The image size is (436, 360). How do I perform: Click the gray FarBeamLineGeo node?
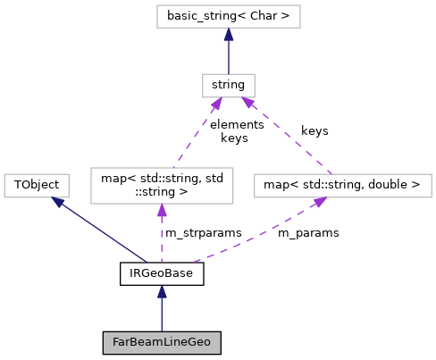click(x=162, y=342)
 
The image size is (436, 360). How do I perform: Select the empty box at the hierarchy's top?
click(x=229, y=16)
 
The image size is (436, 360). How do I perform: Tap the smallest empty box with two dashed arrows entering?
click(x=229, y=86)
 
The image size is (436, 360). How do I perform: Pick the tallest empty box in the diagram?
click(x=162, y=186)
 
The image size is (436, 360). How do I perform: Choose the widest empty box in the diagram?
click(x=343, y=186)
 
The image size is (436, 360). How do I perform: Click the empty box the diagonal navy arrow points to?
click(x=37, y=186)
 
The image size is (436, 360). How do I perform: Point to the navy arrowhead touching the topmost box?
click(x=229, y=35)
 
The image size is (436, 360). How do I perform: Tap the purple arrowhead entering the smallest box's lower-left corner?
click(x=215, y=105)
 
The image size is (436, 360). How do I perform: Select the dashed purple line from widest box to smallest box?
click(x=288, y=136)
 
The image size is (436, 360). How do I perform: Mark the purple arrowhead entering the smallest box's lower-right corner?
click(x=248, y=104)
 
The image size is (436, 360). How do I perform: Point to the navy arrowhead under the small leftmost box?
click(x=59, y=203)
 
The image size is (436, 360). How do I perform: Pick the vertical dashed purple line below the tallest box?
click(x=162, y=237)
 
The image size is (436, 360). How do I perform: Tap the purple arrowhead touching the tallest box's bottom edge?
click(x=162, y=211)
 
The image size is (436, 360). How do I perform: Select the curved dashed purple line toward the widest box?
click(x=259, y=237)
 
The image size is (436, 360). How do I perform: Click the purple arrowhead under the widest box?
click(x=319, y=203)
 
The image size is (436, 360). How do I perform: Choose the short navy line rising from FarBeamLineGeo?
click(x=162, y=314)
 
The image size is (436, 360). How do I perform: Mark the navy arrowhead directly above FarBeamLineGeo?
click(x=162, y=291)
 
